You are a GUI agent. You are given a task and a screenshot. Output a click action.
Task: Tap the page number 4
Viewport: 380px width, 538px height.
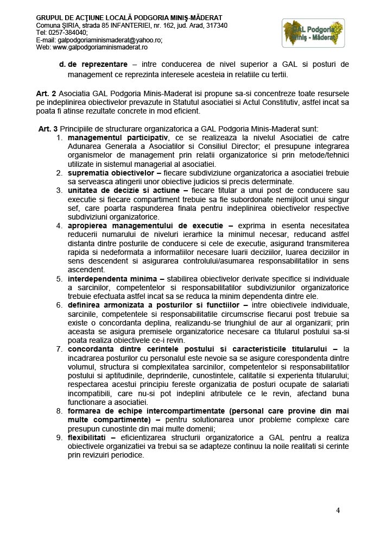point(338,510)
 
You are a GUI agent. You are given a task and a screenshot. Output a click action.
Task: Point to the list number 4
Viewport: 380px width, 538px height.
point(60,226)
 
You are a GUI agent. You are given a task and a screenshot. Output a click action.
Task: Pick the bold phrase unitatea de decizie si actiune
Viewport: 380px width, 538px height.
point(128,191)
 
